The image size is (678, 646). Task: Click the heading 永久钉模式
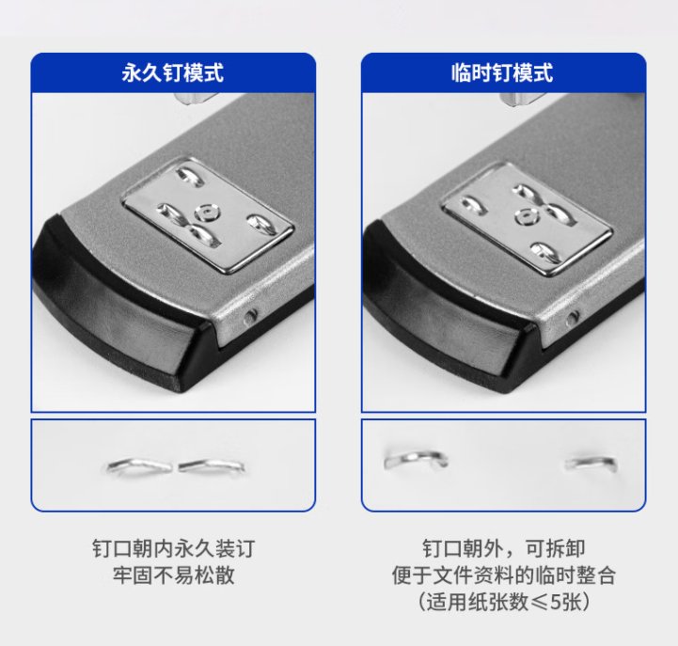pyautogui.click(x=172, y=72)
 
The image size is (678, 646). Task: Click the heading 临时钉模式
pyautogui.click(x=502, y=72)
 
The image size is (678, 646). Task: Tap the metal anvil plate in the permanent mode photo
pyautogui.click(x=208, y=214)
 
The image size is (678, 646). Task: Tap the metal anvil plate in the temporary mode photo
pyautogui.click(x=527, y=219)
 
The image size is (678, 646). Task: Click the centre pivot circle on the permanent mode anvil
pyautogui.click(x=207, y=213)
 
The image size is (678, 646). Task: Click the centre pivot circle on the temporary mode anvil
pyautogui.click(x=528, y=215)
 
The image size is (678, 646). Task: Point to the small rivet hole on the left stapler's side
pyautogui.click(x=250, y=318)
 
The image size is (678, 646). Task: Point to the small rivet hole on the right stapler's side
pyautogui.click(x=573, y=318)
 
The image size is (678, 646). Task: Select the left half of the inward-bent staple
pyautogui.click(x=139, y=465)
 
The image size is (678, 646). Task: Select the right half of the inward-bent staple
pyautogui.click(x=212, y=465)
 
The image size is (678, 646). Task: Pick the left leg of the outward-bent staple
pyautogui.click(x=416, y=459)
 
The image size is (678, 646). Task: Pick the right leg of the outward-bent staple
pyautogui.click(x=591, y=464)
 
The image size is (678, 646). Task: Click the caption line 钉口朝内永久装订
pyautogui.click(x=173, y=549)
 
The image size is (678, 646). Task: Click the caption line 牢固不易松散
pyautogui.click(x=173, y=575)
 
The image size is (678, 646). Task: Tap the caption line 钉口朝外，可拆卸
pyautogui.click(x=504, y=549)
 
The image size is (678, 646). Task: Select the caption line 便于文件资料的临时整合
pyautogui.click(x=504, y=575)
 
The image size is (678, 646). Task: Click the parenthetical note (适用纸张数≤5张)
pyautogui.click(x=504, y=602)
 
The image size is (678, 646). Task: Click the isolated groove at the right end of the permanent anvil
pyautogui.click(x=261, y=225)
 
